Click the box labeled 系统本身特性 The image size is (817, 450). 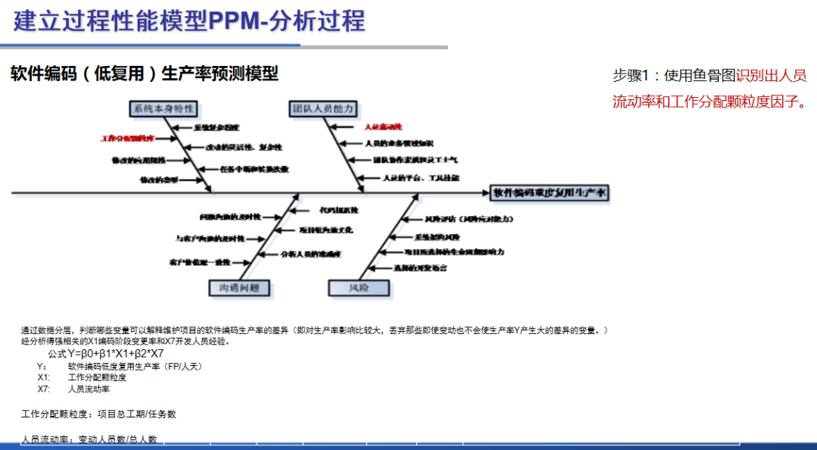pos(163,109)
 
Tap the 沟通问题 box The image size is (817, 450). pos(239,288)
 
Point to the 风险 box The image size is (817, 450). pos(359,288)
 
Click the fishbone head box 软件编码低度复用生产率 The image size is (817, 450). pos(550,193)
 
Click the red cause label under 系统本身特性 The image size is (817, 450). pos(127,139)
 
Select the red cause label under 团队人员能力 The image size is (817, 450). pos(384,127)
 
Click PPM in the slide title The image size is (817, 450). pos(233,20)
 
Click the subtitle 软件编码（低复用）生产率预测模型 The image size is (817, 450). pos(144,73)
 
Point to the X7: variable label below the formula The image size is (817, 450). pos(43,389)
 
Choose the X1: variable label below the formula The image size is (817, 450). pos(43,377)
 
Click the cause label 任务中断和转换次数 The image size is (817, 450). pos(255,169)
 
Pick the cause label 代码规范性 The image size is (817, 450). pos(339,209)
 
